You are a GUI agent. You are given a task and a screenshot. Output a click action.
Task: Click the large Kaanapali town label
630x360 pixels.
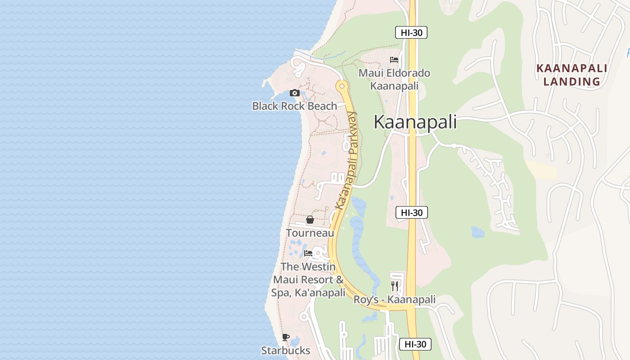click(415, 122)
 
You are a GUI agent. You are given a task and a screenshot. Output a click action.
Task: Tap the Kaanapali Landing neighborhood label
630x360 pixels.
click(572, 75)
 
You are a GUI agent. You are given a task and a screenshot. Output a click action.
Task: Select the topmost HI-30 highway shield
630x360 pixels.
click(411, 32)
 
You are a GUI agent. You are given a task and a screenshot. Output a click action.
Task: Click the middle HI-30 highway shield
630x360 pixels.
click(412, 212)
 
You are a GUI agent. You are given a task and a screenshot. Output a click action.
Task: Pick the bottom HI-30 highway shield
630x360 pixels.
click(415, 344)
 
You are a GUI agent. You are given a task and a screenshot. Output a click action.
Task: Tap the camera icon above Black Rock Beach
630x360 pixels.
click(295, 93)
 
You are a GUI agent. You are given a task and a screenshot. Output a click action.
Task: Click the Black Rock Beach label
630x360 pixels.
click(294, 106)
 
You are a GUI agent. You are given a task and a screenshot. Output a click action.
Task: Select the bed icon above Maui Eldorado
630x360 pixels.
click(394, 60)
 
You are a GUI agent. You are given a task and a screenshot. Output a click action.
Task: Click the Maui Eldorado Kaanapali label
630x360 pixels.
click(394, 79)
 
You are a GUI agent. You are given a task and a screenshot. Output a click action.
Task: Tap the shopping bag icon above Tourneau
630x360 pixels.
click(310, 220)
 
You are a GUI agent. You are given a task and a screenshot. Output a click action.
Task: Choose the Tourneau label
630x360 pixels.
click(310, 233)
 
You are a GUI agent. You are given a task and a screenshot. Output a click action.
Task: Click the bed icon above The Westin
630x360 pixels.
click(308, 253)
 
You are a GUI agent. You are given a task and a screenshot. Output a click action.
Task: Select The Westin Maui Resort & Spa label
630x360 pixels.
click(308, 279)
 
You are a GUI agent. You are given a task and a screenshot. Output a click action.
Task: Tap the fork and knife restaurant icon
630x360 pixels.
click(395, 286)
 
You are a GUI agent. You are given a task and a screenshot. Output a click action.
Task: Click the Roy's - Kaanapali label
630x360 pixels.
click(395, 300)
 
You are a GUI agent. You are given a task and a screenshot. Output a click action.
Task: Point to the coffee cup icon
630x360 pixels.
click(286, 337)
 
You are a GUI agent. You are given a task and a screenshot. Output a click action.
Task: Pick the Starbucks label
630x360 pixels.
click(286, 350)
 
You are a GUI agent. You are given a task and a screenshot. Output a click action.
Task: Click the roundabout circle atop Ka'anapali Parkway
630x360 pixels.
click(342, 85)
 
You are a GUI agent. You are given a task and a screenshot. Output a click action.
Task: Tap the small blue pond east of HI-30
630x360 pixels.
click(477, 232)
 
